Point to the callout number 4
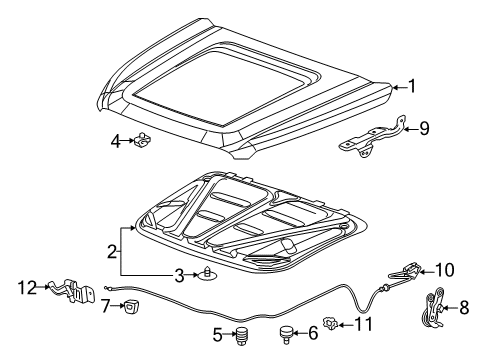coord(117,142)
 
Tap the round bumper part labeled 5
coord(241,336)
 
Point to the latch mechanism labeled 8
coord(432,307)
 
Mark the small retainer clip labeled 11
coord(336,322)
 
